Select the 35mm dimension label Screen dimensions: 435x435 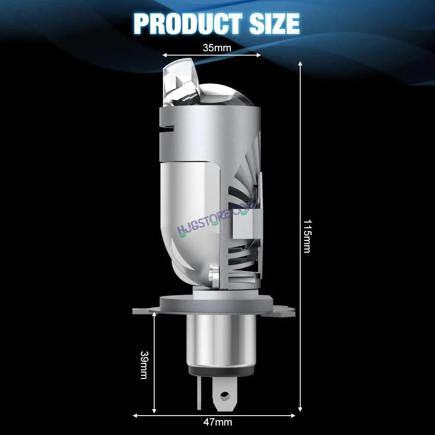tap(217, 48)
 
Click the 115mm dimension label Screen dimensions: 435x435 tap(307, 236)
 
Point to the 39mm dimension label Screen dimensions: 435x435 tap(144, 365)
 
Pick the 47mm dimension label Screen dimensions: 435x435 tap(217, 422)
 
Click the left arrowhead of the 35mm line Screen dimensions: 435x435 tap(165, 55)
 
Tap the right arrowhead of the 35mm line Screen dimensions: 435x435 tap(258, 55)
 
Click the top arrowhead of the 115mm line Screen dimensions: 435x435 tap(300, 64)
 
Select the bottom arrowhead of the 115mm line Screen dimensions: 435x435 tap(300, 409)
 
